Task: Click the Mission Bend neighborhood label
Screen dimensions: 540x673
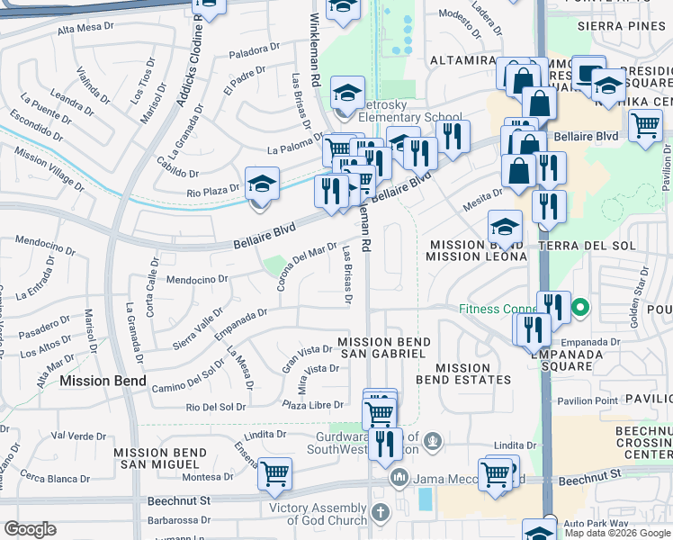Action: point(103,381)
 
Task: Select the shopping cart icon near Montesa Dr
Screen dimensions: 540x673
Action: point(274,472)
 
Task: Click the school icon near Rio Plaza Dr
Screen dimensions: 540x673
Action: point(261,184)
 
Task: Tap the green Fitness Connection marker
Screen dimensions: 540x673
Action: point(580,309)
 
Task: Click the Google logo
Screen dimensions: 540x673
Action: point(30,528)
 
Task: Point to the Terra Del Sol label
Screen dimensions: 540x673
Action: point(587,246)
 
